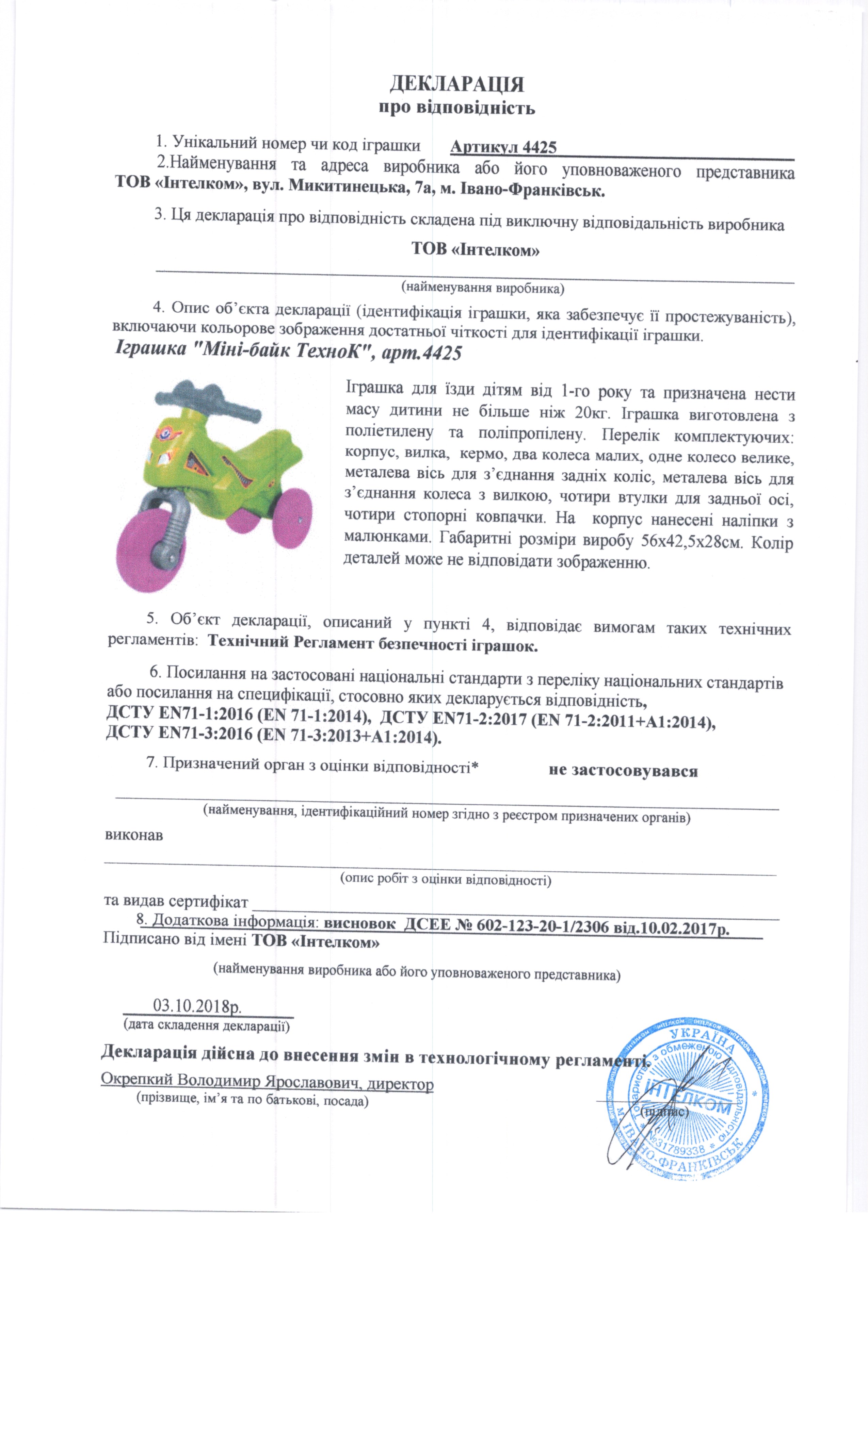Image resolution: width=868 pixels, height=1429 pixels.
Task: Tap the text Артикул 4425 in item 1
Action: point(503,147)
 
